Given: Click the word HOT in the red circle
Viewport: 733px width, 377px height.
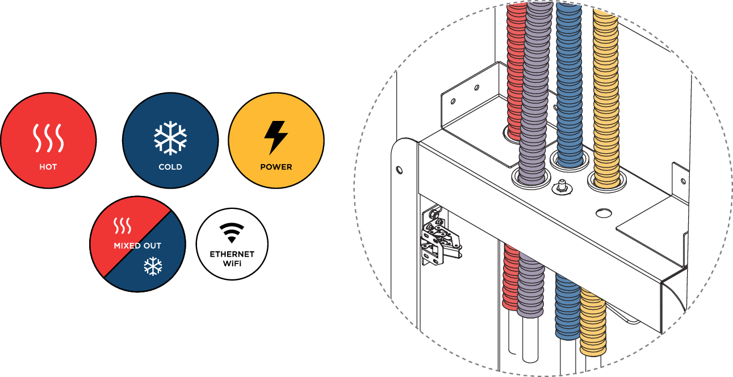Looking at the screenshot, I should pos(48,167).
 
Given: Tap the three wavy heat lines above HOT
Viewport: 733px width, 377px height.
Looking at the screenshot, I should pos(48,139).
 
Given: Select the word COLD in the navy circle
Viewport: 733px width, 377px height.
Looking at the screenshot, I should pos(170,167).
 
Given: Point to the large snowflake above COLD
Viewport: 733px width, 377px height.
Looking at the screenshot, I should pos(170,137).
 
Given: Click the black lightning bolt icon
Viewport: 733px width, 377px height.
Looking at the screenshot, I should pos(276,137).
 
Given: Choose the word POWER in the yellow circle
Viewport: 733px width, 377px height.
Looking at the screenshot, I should pos(276,167).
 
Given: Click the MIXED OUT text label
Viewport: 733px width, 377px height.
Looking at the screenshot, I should pos(137,246).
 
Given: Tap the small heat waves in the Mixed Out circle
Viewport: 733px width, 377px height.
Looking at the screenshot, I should pos(123,226).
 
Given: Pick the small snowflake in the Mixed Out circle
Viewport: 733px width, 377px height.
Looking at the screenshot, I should pos(153,266).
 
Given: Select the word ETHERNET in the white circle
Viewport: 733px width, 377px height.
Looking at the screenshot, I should pos(232,254).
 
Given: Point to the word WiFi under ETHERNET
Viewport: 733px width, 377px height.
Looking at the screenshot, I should pos(232,263).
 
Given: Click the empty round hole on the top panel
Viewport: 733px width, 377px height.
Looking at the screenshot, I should pos(604,213).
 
